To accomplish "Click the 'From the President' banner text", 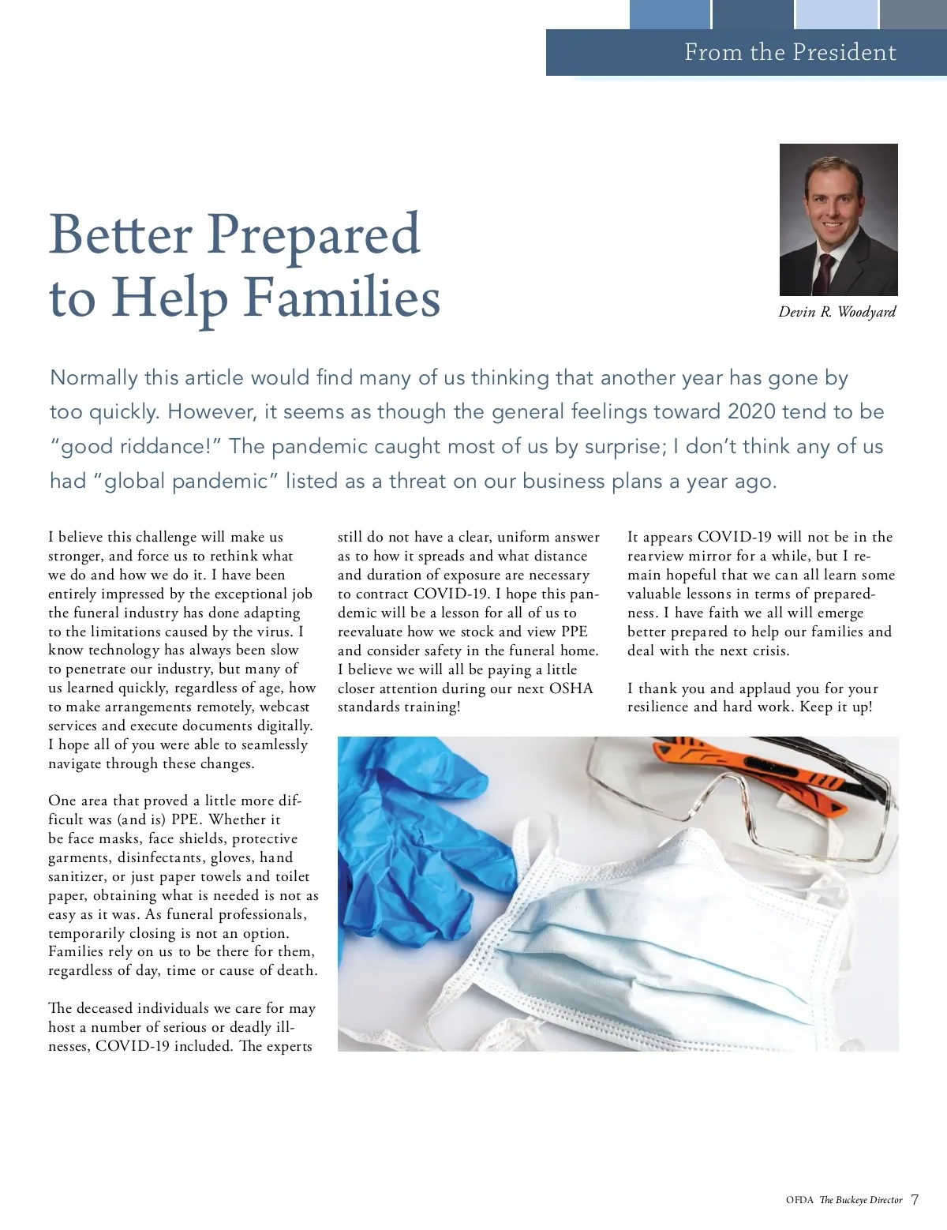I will coord(790,52).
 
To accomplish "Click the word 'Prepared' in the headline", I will coord(313,234).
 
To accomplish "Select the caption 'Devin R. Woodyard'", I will coord(837,312).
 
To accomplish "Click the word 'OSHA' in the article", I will coord(571,688).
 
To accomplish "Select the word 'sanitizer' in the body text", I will coord(77,876).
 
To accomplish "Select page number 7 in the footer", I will coord(915,1200).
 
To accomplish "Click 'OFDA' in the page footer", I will coord(799,1200).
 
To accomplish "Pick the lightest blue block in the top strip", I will coord(837,14).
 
